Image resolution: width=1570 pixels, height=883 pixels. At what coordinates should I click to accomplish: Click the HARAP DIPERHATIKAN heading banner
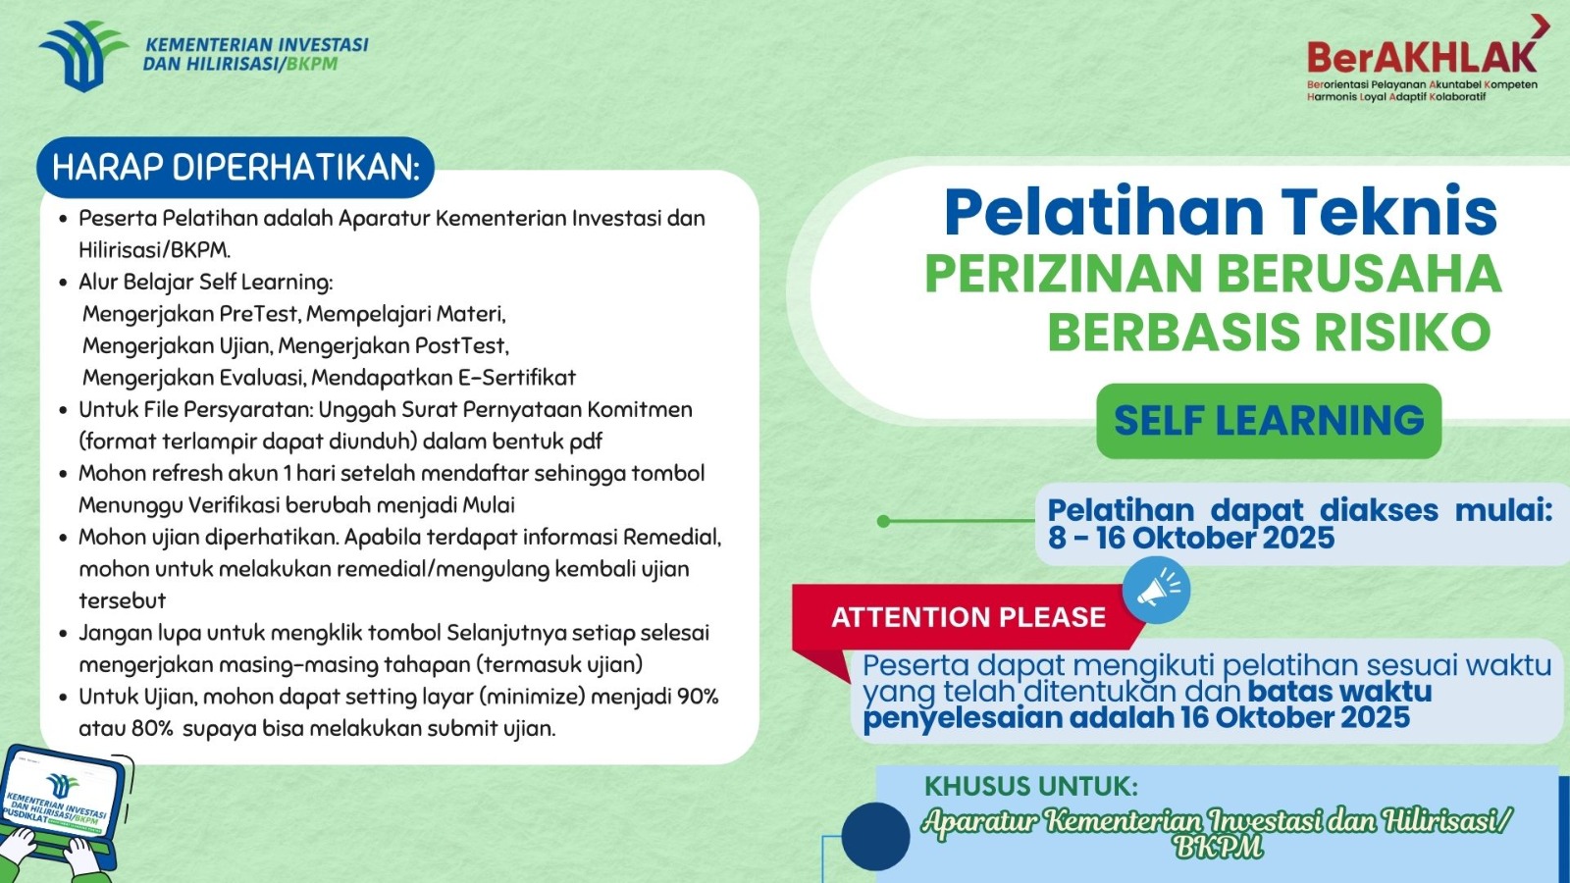pyautogui.click(x=235, y=168)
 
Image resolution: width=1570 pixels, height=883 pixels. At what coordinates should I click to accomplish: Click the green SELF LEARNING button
pyautogui.click(x=1268, y=421)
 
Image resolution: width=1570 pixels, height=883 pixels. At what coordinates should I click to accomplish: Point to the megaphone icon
pyautogui.click(x=1156, y=590)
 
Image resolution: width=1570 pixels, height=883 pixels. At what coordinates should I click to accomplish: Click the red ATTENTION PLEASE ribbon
pyautogui.click(x=968, y=617)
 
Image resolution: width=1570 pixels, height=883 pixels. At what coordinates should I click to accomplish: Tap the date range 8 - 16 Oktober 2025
pyautogui.click(x=1190, y=538)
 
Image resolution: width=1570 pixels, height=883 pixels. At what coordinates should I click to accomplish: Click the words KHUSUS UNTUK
pyautogui.click(x=1030, y=787)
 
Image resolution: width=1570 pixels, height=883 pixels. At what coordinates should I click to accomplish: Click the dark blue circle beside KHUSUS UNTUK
pyautogui.click(x=875, y=836)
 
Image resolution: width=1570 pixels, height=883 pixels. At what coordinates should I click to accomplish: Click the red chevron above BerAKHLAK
pyautogui.click(x=1540, y=26)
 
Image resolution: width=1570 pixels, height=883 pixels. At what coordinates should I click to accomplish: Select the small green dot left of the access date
pyautogui.click(x=883, y=521)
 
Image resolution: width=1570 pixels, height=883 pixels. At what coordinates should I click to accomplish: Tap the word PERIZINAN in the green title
pyautogui.click(x=1063, y=274)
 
